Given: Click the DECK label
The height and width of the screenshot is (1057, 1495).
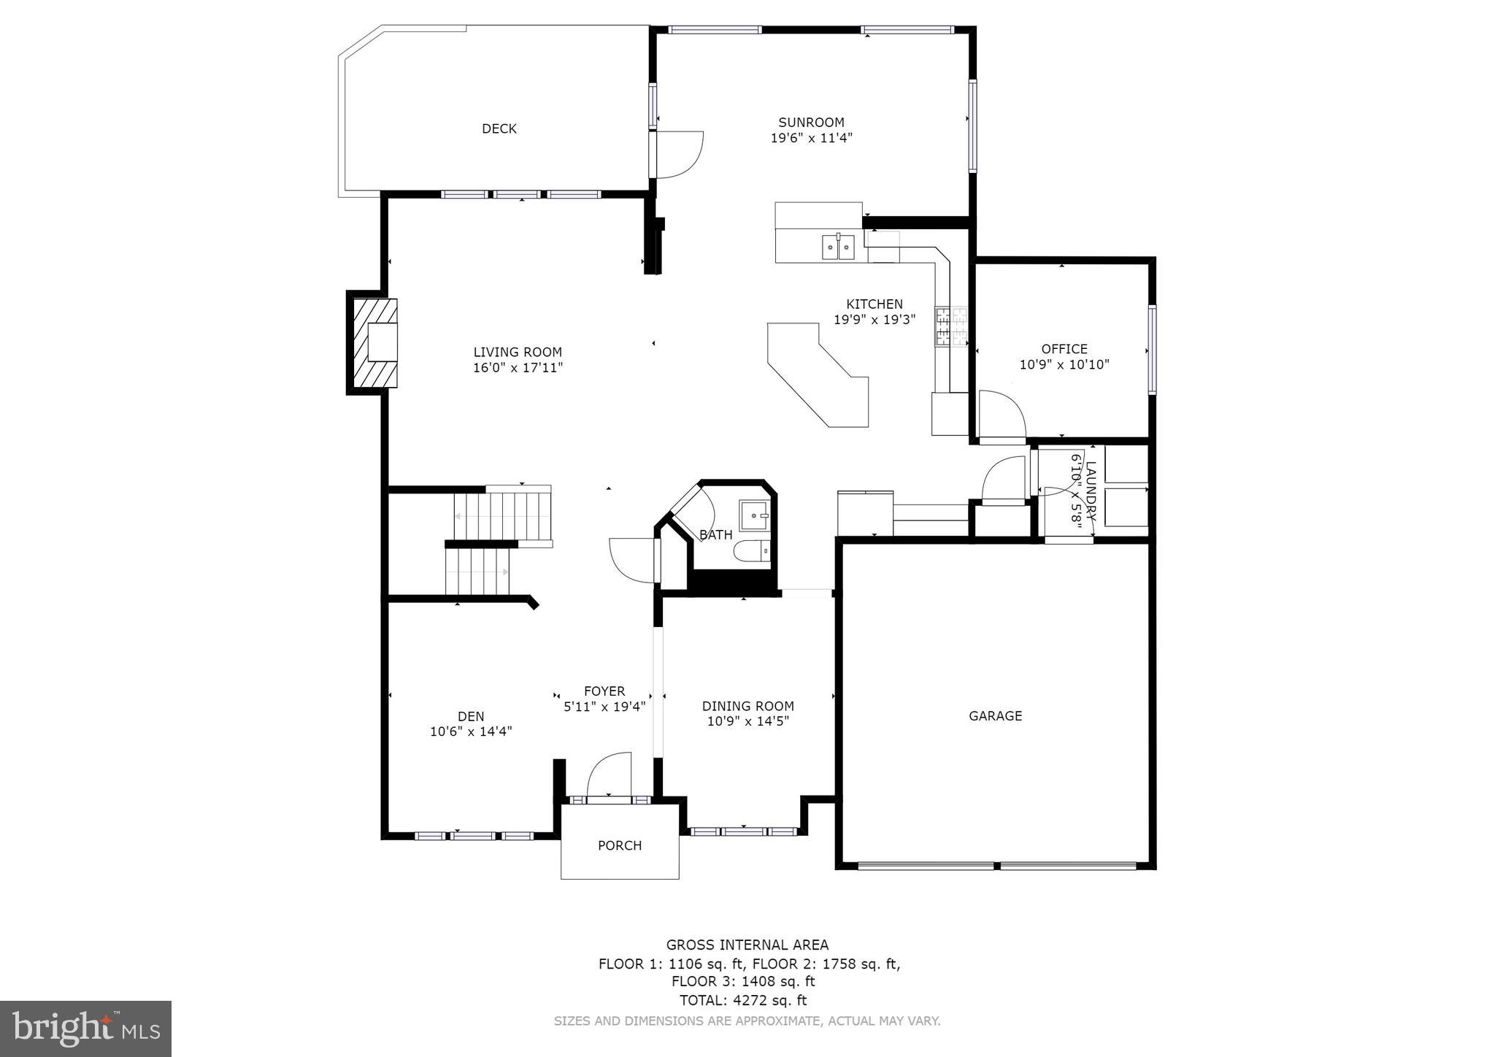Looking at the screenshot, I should click(x=499, y=129).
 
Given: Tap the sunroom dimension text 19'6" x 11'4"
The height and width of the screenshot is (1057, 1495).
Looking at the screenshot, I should click(x=811, y=138).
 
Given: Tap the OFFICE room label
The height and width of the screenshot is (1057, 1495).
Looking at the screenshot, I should click(x=1064, y=349).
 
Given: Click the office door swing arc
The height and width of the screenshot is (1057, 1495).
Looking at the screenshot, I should click(x=1002, y=414).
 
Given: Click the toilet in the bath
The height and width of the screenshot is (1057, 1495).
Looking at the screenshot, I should click(x=753, y=552).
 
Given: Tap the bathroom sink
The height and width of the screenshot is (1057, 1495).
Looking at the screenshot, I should click(x=754, y=515).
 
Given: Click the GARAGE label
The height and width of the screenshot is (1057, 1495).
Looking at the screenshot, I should click(x=995, y=716).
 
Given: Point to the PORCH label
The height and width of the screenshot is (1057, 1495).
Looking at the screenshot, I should click(x=620, y=845).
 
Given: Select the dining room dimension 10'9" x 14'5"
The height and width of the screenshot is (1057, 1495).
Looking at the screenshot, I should click(x=747, y=722).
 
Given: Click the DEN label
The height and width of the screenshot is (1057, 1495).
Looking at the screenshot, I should click(x=471, y=716).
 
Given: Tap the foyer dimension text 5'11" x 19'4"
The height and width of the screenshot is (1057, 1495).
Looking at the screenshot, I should click(x=604, y=707).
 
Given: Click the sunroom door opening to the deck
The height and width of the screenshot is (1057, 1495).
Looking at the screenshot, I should click(x=678, y=154).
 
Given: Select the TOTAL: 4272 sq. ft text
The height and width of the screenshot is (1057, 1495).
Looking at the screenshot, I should click(x=743, y=1001).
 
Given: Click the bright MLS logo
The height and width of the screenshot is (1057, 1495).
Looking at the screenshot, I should click(x=85, y=1029).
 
